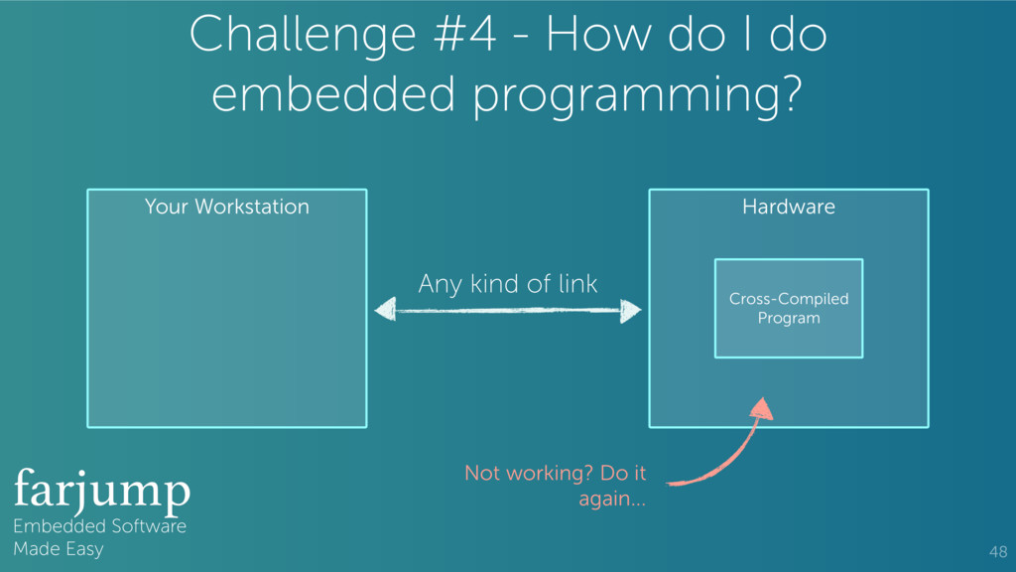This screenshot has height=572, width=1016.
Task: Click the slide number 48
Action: point(997,552)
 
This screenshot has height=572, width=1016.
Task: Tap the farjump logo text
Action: point(101,490)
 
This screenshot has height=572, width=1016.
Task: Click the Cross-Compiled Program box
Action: point(789,309)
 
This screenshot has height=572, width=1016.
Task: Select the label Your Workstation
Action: point(226,207)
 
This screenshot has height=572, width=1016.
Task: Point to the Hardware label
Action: point(789,207)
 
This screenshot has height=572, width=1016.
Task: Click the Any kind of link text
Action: point(507,284)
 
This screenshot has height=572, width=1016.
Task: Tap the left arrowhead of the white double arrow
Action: point(385,311)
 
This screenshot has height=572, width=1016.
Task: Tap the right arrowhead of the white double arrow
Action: point(630,312)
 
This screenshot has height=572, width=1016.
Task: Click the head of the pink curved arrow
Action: point(760,409)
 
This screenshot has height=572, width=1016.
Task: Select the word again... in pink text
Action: point(612,499)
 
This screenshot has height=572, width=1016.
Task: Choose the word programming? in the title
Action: point(639,96)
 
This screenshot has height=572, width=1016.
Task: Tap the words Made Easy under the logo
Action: point(58,549)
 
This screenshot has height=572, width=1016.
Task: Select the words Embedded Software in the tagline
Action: point(99,526)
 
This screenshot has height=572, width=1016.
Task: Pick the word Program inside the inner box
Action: point(789,318)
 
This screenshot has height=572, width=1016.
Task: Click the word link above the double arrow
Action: point(577,284)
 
